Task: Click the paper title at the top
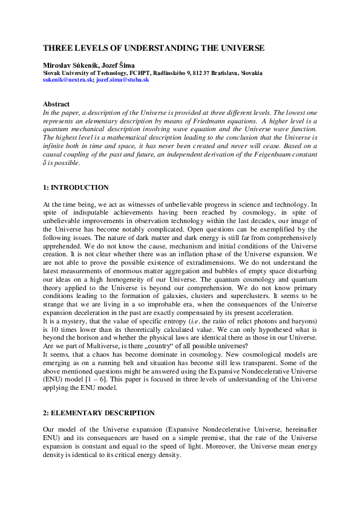tap(154, 48)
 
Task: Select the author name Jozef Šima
tap(116, 65)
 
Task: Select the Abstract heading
tap(56, 105)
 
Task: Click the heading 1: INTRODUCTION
tap(76, 188)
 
